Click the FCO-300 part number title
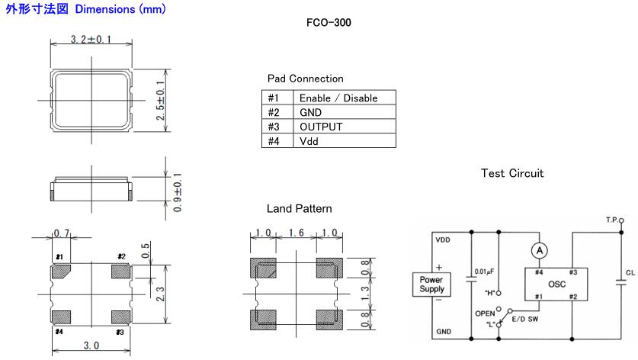[x=329, y=24]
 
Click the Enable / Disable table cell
[x=338, y=98]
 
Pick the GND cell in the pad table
[x=311, y=113]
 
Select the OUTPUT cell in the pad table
[x=320, y=127]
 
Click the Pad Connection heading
[x=305, y=79]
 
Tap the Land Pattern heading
[x=299, y=208]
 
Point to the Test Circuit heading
[x=512, y=173]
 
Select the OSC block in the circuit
[x=548, y=283]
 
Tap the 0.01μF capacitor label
[x=485, y=271]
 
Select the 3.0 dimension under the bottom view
[x=90, y=346]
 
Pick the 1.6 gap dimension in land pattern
[x=295, y=233]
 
